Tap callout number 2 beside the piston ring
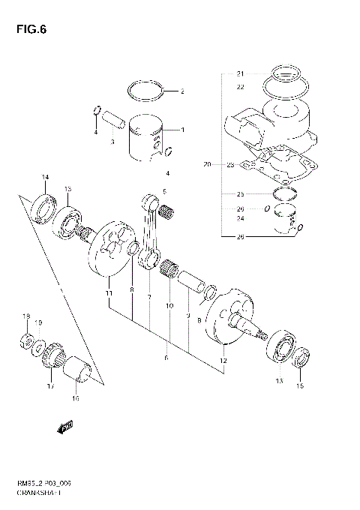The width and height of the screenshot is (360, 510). pos(181,92)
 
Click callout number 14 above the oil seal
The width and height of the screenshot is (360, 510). pos(45,177)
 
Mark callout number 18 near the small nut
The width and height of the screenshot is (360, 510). pos(25,316)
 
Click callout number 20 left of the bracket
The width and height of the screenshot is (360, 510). pos(208,163)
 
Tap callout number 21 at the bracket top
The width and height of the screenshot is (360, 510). pos(240,73)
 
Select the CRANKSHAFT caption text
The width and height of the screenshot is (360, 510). pos(38,495)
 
